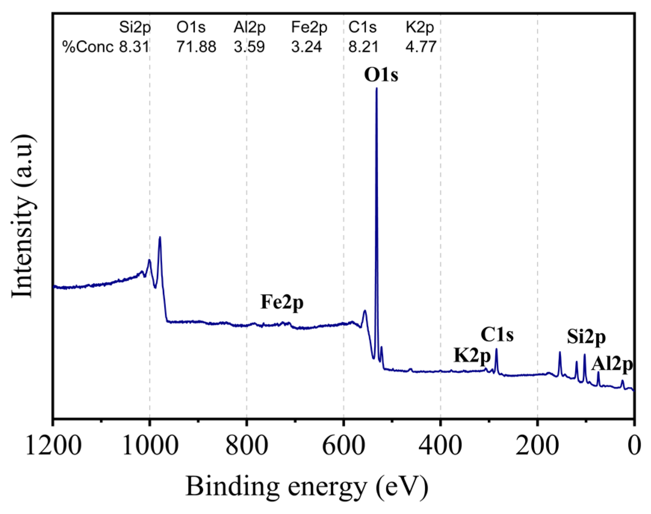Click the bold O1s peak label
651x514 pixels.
click(x=381, y=75)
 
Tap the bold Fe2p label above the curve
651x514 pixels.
click(x=282, y=302)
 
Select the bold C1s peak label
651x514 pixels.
click(x=497, y=335)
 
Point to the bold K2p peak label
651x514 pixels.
click(x=472, y=355)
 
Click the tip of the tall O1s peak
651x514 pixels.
click(x=376, y=88)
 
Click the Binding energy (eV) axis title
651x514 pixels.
click(x=306, y=486)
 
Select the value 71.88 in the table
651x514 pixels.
click(x=196, y=47)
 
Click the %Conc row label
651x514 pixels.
click(x=88, y=47)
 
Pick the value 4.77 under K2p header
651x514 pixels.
click(x=421, y=47)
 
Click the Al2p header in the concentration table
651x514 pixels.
click(x=249, y=27)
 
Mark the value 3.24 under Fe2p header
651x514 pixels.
click(x=306, y=47)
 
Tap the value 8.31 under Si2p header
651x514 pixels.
click(x=134, y=47)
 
